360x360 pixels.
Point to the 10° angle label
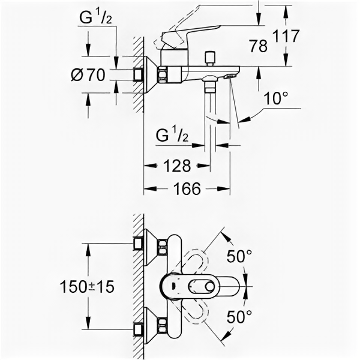[x=274, y=98]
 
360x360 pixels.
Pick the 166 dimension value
[x=187, y=189]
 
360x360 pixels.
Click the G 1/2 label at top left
[x=96, y=19]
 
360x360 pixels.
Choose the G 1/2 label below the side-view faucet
[x=172, y=135]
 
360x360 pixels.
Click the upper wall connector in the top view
[x=151, y=246]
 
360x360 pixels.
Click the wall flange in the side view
[x=149, y=74]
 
